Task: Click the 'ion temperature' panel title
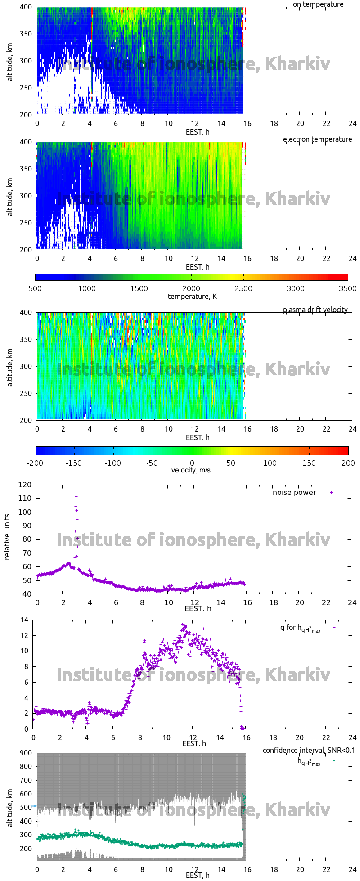(x=317, y=4)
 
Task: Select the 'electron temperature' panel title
(x=317, y=139)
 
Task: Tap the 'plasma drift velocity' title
(x=315, y=310)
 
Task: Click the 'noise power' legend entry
(x=294, y=493)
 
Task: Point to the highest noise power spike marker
(x=76, y=492)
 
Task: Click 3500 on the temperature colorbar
(x=347, y=289)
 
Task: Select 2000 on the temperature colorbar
(x=191, y=289)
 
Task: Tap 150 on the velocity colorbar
(x=310, y=463)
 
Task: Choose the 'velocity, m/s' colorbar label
(x=191, y=471)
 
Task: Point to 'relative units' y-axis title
(x=7, y=539)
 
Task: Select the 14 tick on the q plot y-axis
(x=24, y=620)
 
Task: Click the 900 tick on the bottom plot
(x=26, y=753)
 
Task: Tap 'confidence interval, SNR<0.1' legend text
(x=309, y=751)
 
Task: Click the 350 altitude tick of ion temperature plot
(x=26, y=34)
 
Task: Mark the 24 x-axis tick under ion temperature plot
(x=352, y=124)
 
